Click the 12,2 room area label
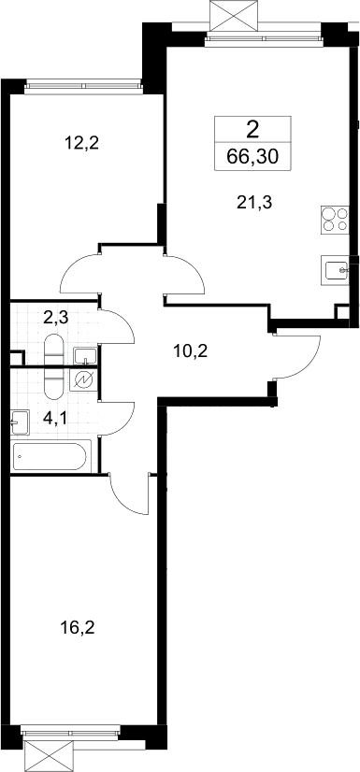(81, 143)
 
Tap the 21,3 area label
(254, 203)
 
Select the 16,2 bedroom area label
(78, 628)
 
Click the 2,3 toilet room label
(56, 318)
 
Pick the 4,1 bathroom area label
(54, 419)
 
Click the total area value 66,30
(252, 156)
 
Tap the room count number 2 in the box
(252, 130)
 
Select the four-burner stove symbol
(335, 220)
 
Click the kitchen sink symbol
(336, 269)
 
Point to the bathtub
(50, 457)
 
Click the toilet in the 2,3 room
(53, 349)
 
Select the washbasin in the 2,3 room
(86, 355)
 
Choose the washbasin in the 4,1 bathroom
(21, 422)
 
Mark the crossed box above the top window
(234, 16)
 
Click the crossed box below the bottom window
(49, 756)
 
